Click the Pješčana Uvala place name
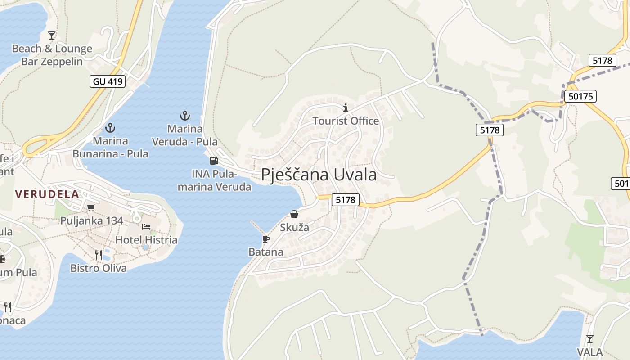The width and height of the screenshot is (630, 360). pyautogui.click(x=319, y=175)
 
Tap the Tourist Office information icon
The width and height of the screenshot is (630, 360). pyautogui.click(x=346, y=108)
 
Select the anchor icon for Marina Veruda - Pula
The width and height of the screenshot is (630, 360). pyautogui.click(x=184, y=116)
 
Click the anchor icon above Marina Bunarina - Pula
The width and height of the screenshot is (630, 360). pyautogui.click(x=110, y=128)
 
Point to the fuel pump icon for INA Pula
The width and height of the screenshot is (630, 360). pyautogui.click(x=214, y=160)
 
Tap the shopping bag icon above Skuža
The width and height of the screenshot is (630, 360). pyautogui.click(x=294, y=214)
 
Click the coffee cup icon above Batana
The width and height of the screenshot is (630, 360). pyautogui.click(x=265, y=238)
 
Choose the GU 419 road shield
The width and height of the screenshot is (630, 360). pyautogui.click(x=108, y=81)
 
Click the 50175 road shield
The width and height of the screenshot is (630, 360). pyautogui.click(x=582, y=96)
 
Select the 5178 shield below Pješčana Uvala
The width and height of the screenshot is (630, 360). pyautogui.click(x=346, y=200)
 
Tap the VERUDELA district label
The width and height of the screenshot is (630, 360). pyautogui.click(x=47, y=194)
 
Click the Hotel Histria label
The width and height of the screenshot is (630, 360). pyautogui.click(x=146, y=240)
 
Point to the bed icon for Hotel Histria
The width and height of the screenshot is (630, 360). pyautogui.click(x=146, y=226)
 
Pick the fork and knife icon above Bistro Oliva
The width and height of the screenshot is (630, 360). pyautogui.click(x=99, y=255)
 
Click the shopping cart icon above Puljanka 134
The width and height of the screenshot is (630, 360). pyautogui.click(x=91, y=207)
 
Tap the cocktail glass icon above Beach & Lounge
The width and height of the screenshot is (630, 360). pyautogui.click(x=52, y=35)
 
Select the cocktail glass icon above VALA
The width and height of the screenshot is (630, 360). pyautogui.click(x=589, y=338)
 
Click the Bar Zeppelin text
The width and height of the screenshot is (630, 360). pyautogui.click(x=52, y=62)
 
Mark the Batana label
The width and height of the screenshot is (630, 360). pyautogui.click(x=266, y=252)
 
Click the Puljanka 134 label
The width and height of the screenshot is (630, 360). pyautogui.click(x=91, y=221)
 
